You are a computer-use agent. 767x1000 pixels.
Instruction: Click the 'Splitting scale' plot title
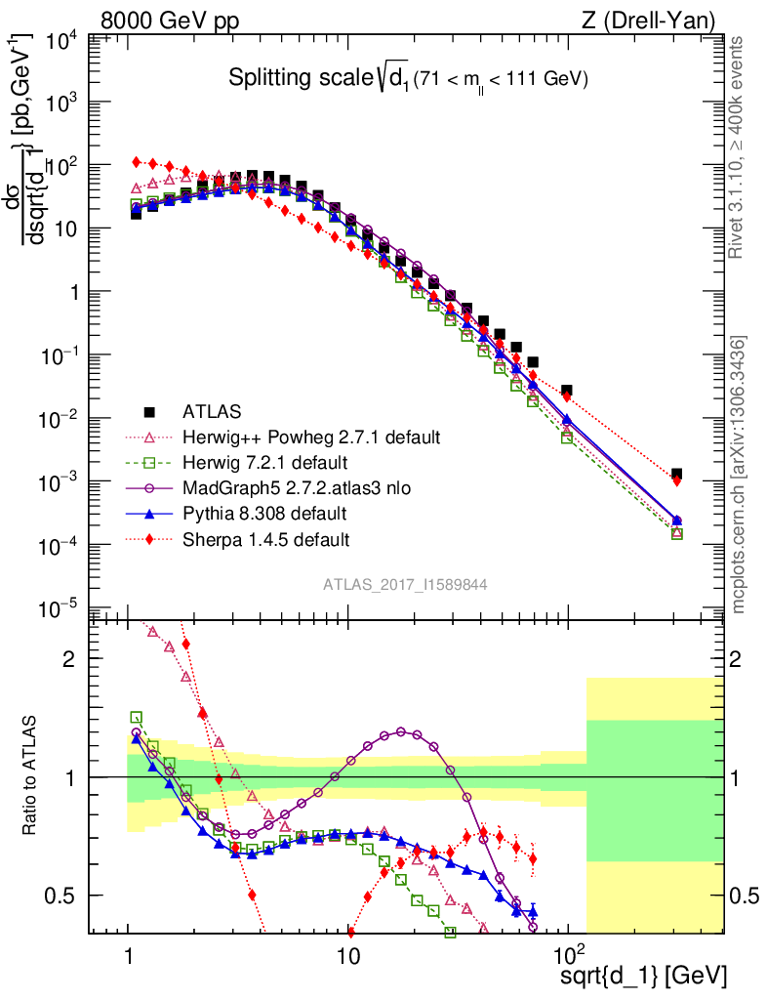[x=408, y=79]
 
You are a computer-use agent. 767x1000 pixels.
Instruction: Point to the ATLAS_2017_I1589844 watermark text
[x=406, y=584]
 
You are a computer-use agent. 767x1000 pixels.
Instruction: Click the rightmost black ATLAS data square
[x=676, y=474]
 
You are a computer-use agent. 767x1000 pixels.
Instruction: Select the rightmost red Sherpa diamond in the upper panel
[x=676, y=480]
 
